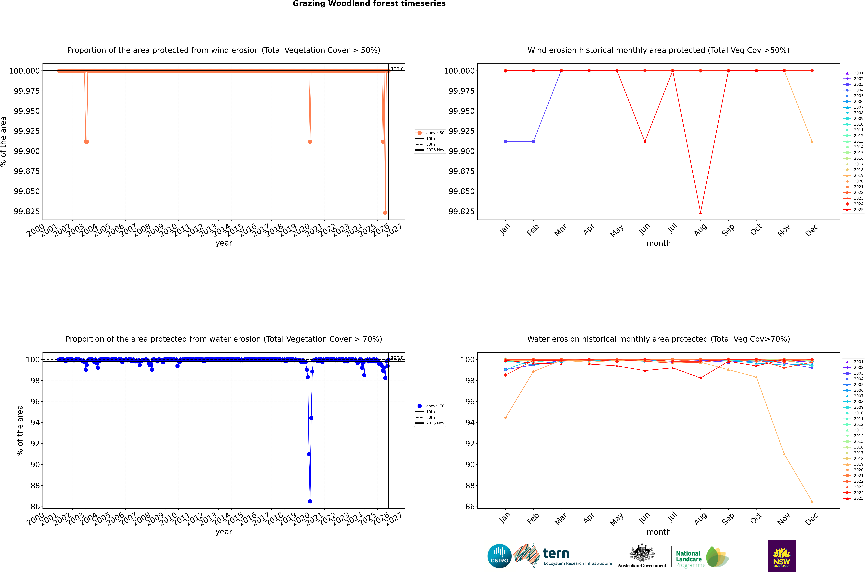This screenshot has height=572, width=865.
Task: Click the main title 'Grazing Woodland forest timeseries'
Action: pos(369,4)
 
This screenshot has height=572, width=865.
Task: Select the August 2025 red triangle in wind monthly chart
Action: pos(701,212)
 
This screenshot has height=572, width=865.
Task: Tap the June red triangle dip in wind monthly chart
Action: pos(645,142)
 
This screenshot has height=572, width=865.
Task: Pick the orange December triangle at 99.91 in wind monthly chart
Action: pos(812,142)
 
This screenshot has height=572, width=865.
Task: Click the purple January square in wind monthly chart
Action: pos(506,142)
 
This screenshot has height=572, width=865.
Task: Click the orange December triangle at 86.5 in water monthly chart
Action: pos(812,501)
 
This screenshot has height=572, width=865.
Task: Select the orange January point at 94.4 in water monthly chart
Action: pos(506,418)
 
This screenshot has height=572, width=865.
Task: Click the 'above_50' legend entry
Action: pos(435,133)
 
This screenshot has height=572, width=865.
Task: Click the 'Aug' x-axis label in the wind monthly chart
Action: pos(701,230)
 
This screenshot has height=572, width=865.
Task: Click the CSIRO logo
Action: pos(499,556)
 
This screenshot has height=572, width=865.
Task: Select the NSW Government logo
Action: pos(782,556)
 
